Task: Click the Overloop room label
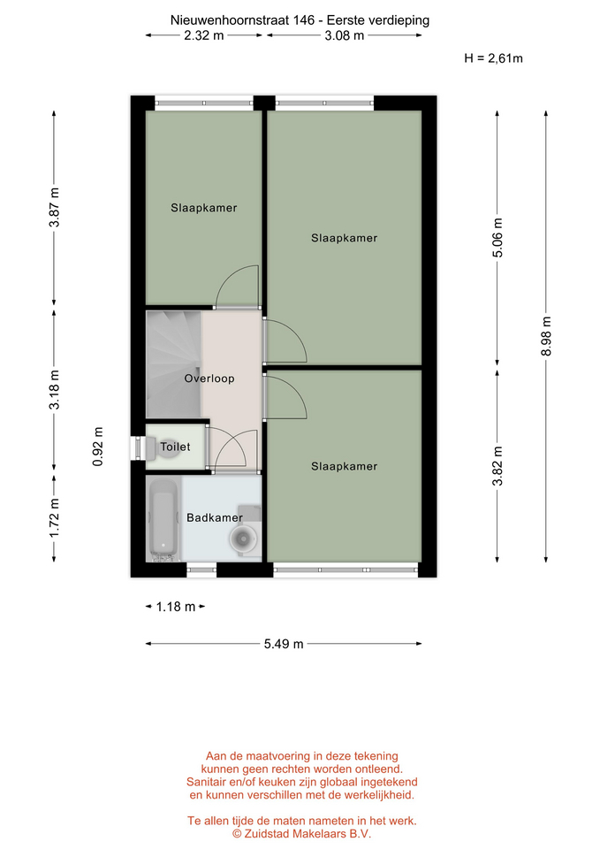(x=209, y=379)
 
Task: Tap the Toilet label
(x=175, y=447)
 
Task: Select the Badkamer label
(x=214, y=517)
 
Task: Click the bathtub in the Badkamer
(x=163, y=520)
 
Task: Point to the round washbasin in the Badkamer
(x=242, y=539)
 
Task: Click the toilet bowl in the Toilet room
(x=169, y=447)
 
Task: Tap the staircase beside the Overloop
(x=174, y=363)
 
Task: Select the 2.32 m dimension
(x=204, y=35)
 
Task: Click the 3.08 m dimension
(x=344, y=35)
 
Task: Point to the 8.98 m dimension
(x=546, y=336)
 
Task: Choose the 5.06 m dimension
(x=497, y=238)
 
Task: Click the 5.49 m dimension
(x=284, y=644)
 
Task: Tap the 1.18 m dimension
(x=175, y=607)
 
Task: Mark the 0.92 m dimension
(x=98, y=447)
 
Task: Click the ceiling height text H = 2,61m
(x=493, y=58)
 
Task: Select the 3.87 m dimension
(x=54, y=208)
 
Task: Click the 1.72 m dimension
(x=54, y=519)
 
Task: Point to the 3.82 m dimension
(x=497, y=466)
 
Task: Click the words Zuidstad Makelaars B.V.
(x=308, y=834)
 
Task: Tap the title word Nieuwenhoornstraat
(x=230, y=20)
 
